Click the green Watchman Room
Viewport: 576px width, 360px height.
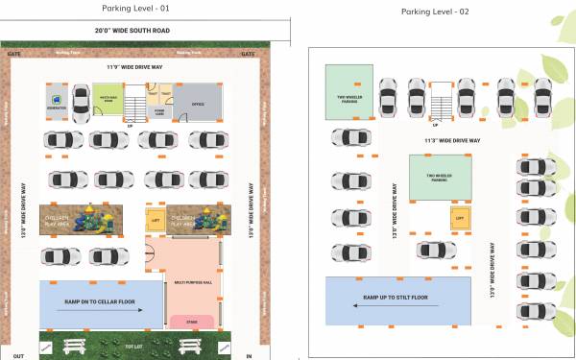108,101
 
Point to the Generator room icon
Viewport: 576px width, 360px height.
57,99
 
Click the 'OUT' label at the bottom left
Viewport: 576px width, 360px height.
18,356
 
